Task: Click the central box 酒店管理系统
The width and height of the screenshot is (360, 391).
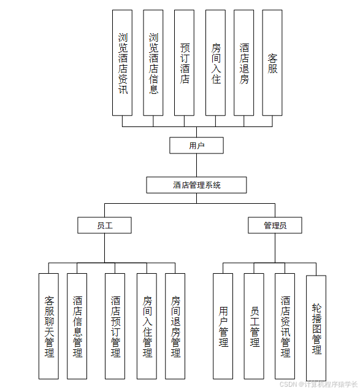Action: click(196, 185)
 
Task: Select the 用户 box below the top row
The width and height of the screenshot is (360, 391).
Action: click(196, 145)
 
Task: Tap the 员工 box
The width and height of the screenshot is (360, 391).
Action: click(104, 225)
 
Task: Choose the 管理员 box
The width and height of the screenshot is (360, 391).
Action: click(275, 225)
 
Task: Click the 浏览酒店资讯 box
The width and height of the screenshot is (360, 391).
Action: click(122, 63)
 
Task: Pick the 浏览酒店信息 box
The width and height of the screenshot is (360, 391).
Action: click(153, 63)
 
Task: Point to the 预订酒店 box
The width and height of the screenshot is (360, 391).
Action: click(184, 63)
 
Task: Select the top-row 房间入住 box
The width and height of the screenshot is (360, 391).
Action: click(215, 63)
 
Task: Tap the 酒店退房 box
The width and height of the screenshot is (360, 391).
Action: click(243, 63)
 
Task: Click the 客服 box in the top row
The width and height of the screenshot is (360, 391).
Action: click(272, 63)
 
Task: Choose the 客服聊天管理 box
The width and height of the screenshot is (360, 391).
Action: click(49, 326)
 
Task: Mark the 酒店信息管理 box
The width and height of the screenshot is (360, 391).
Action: click(77, 326)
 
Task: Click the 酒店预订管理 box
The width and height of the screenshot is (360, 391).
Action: click(115, 326)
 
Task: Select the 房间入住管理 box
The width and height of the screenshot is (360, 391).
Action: click(147, 326)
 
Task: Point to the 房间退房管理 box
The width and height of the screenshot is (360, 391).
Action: click(175, 326)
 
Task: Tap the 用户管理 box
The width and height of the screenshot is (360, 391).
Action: click(223, 326)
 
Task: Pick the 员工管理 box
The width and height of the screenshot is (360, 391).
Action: click(254, 326)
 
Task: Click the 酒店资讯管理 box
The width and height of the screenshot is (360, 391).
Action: click(285, 326)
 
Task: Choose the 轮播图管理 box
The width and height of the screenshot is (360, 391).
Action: click(316, 328)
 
